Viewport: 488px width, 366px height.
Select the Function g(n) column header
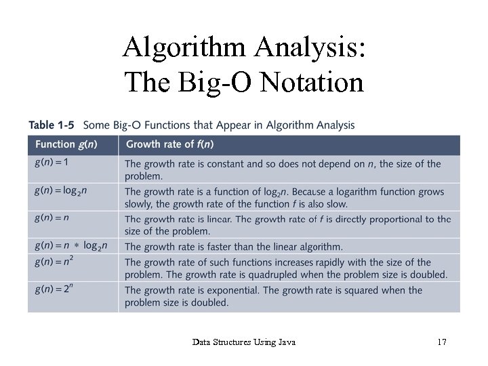click(65, 144)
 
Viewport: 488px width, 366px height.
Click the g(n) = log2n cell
click(62, 190)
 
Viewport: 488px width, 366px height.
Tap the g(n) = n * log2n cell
click(70, 245)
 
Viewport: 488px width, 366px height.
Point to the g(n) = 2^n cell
click(54, 289)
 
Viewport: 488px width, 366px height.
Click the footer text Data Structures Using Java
click(243, 342)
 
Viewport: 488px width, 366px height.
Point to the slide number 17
click(441, 342)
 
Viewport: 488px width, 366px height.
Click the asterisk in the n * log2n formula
click(77, 246)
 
